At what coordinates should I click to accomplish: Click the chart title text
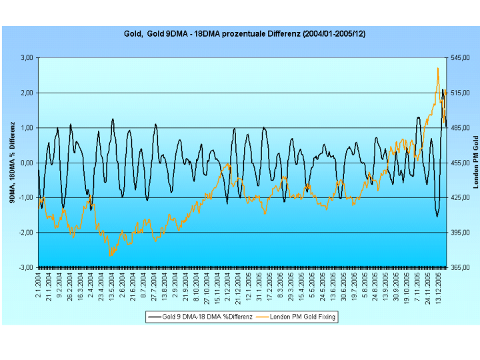pos(245,33)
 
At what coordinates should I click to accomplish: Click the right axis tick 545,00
pos(461,58)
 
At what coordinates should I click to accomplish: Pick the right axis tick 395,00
pos(461,233)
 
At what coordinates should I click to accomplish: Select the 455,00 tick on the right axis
pos(461,163)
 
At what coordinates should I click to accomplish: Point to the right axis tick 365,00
pos(461,267)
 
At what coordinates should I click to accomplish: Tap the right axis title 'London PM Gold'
pos(476,162)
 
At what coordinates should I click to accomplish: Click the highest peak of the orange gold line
pos(438,68)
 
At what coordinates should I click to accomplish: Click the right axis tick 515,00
pos(461,93)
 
